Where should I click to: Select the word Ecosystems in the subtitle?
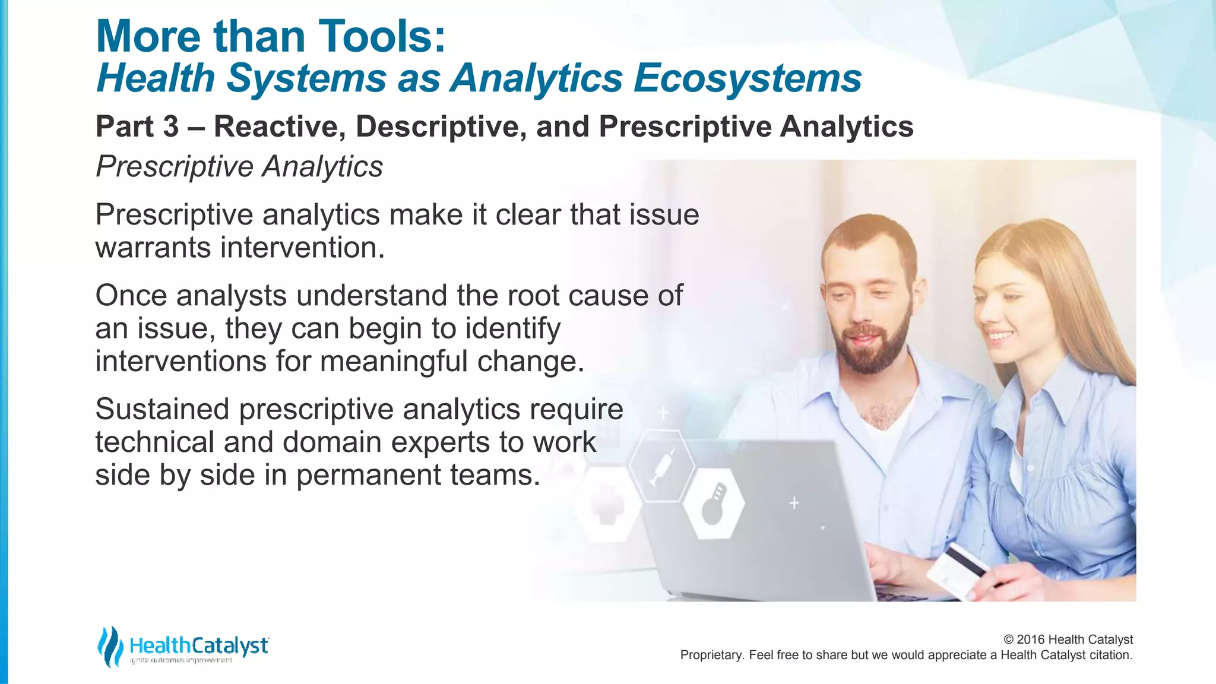point(747,78)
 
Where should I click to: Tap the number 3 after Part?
point(170,126)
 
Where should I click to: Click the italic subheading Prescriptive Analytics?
point(239,166)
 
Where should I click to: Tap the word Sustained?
point(162,409)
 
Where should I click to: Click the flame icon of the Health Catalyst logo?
point(110,647)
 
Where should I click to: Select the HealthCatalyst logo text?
point(198,645)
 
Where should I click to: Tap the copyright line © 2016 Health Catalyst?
point(1068,639)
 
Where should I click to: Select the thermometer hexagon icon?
point(712,503)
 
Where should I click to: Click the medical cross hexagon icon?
point(607,505)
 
